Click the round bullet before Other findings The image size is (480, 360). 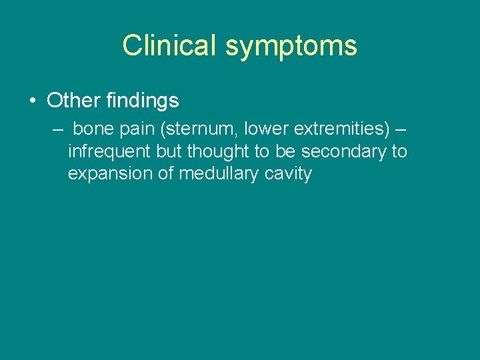[x=32, y=101]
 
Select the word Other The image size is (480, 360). [x=73, y=101]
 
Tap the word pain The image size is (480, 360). [x=137, y=129]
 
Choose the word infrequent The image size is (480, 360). [x=109, y=152]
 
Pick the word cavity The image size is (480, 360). [x=288, y=175]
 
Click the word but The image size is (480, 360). [x=169, y=152]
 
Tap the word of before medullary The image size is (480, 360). [x=163, y=175]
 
